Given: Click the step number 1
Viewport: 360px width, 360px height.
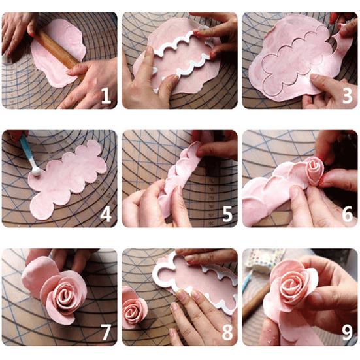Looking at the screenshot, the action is pyautogui.click(x=106, y=96).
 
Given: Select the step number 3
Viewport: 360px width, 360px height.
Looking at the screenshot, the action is pyautogui.click(x=347, y=96).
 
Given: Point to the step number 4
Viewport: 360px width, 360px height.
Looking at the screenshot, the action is pyautogui.click(x=106, y=214).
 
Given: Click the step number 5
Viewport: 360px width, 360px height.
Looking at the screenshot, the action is pyautogui.click(x=227, y=214).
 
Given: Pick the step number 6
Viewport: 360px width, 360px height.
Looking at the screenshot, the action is pyautogui.click(x=348, y=214).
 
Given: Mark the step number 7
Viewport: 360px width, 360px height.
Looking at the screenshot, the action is pyautogui.click(x=106, y=333).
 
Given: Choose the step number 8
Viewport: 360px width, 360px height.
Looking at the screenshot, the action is pyautogui.click(x=227, y=333).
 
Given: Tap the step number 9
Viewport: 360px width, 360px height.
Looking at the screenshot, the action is pyautogui.click(x=348, y=333).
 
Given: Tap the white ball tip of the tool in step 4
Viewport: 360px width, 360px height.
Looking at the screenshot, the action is pyautogui.click(x=36, y=172).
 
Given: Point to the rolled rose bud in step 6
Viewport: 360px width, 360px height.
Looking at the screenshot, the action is pyautogui.click(x=314, y=171).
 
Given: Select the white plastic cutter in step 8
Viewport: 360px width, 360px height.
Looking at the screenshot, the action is pyautogui.click(x=195, y=279).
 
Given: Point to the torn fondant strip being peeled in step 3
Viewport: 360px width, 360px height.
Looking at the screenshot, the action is pyautogui.click(x=342, y=39).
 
